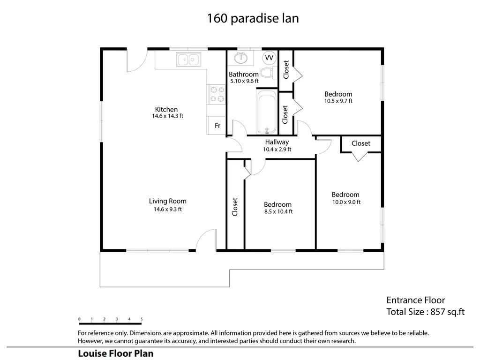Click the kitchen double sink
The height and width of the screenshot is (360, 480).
click(188, 60)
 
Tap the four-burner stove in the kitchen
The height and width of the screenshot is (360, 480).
click(217, 94)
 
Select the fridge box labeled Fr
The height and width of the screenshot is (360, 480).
click(217, 125)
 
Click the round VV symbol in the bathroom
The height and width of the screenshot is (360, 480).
click(269, 58)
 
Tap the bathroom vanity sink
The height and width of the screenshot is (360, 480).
click(241, 58)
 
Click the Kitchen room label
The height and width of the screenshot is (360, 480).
click(166, 109)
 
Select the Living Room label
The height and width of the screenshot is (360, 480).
click(168, 201)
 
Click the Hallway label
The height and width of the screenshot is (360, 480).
click(277, 142)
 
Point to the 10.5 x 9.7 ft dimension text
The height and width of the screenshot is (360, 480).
click(338, 101)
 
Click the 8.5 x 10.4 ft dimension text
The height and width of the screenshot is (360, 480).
click(278, 211)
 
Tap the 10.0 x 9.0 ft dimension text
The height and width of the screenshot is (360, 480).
click(346, 202)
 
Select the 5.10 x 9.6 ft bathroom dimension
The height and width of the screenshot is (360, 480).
click(244, 81)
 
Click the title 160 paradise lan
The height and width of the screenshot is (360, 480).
click(253, 18)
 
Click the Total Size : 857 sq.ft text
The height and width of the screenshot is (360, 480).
click(426, 312)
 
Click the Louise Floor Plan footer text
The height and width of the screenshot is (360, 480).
click(116, 353)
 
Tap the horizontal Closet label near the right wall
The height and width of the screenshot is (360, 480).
click(360, 143)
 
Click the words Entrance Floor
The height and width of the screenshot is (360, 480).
click(415, 300)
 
